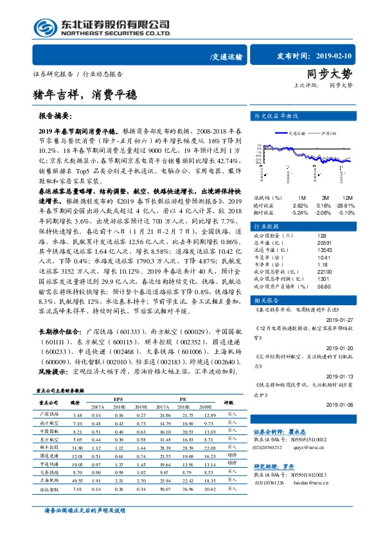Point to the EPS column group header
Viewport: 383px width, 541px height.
(118, 398)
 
